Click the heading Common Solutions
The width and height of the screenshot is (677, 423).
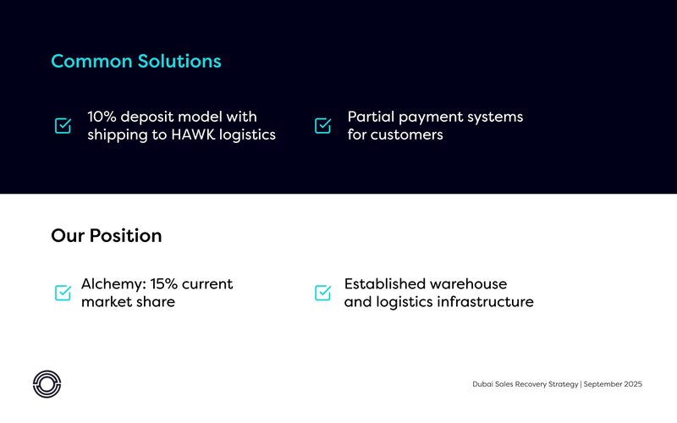[x=136, y=61]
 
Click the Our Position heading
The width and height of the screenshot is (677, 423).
[x=107, y=236]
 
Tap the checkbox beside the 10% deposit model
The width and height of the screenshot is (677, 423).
[x=63, y=125]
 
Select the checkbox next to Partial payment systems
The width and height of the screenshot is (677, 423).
[x=323, y=125]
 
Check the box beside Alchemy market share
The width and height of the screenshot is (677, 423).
[x=63, y=293]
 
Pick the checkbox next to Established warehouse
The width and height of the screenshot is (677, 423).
[x=323, y=293]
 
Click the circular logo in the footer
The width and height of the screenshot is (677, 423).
[x=47, y=384]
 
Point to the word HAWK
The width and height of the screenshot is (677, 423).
[x=193, y=135]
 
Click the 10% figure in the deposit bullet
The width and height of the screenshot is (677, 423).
[x=102, y=117]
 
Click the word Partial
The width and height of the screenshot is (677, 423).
[x=371, y=117]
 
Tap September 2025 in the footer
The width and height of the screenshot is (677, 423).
[x=613, y=384]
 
